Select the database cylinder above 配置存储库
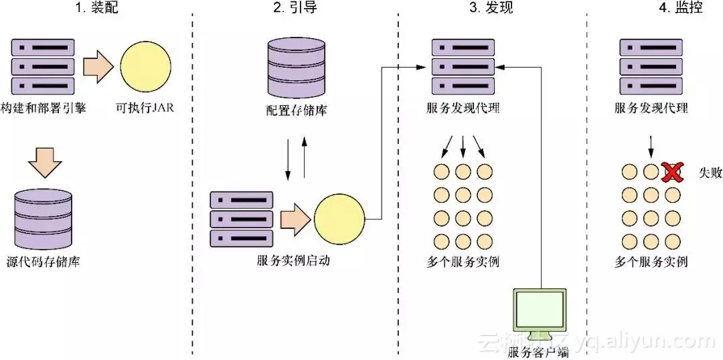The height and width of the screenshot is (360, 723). coord(293,68)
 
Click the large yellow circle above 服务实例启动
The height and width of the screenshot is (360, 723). coord(339,218)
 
